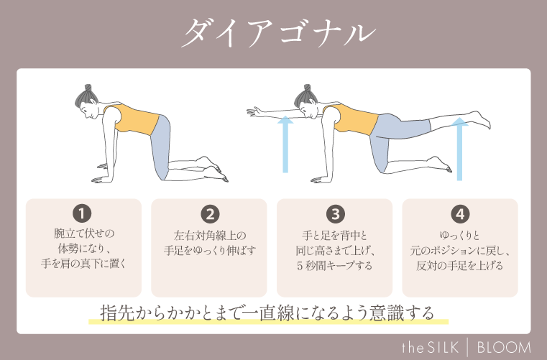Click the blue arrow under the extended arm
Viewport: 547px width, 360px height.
tap(285, 144)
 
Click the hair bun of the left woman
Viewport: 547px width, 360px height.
tap(85, 88)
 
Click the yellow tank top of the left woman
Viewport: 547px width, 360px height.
tap(128, 119)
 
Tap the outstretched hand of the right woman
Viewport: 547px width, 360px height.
tap(253, 111)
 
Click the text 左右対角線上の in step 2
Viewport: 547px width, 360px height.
tap(209, 235)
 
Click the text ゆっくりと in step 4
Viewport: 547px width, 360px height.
tap(460, 235)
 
